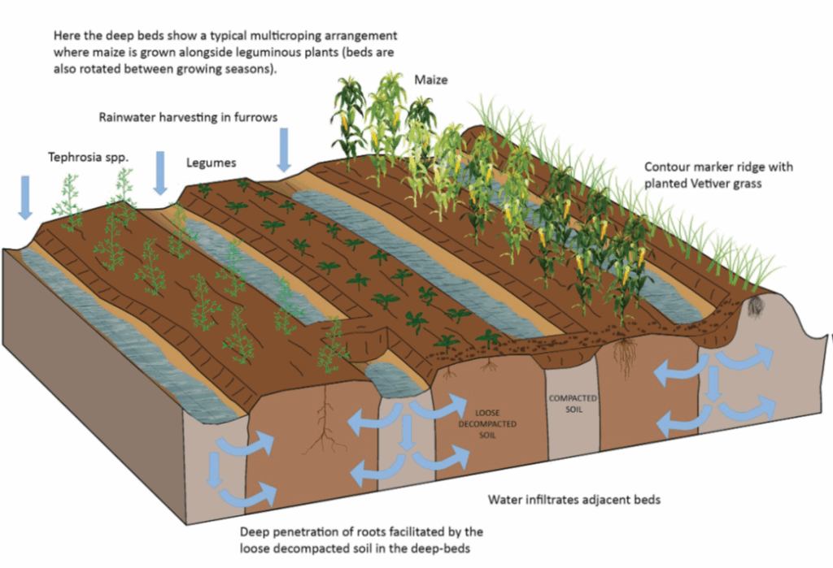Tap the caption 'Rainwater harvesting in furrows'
click(x=189, y=117)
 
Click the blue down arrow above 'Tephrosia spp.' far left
click(x=25, y=197)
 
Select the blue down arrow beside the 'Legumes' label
click(x=160, y=172)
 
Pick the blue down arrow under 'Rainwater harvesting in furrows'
click(x=284, y=149)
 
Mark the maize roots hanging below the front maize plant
click(x=626, y=357)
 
